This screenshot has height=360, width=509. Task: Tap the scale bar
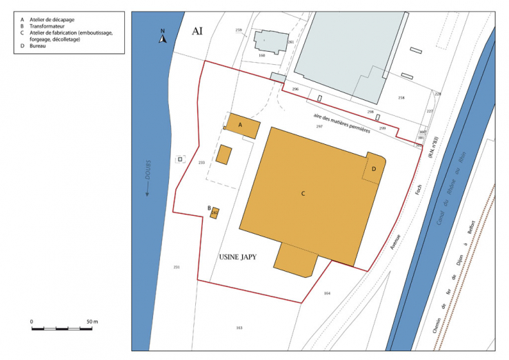pos(61,329)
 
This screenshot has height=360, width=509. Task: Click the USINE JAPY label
pos(238,258)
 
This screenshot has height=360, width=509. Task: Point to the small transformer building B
pos(214,212)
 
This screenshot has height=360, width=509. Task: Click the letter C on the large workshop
pos(303,194)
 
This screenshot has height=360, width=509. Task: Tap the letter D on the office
pos(374,169)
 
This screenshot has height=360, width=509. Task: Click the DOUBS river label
pos(148,179)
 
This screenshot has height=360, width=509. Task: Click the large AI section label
pos(197,32)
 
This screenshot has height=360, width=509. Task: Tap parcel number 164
pos(327,294)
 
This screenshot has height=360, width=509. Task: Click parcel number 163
pos(239,327)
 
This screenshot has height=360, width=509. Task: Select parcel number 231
pos(177,267)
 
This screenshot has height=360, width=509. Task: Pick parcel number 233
pos(201,162)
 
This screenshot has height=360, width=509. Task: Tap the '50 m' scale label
pos(92,322)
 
